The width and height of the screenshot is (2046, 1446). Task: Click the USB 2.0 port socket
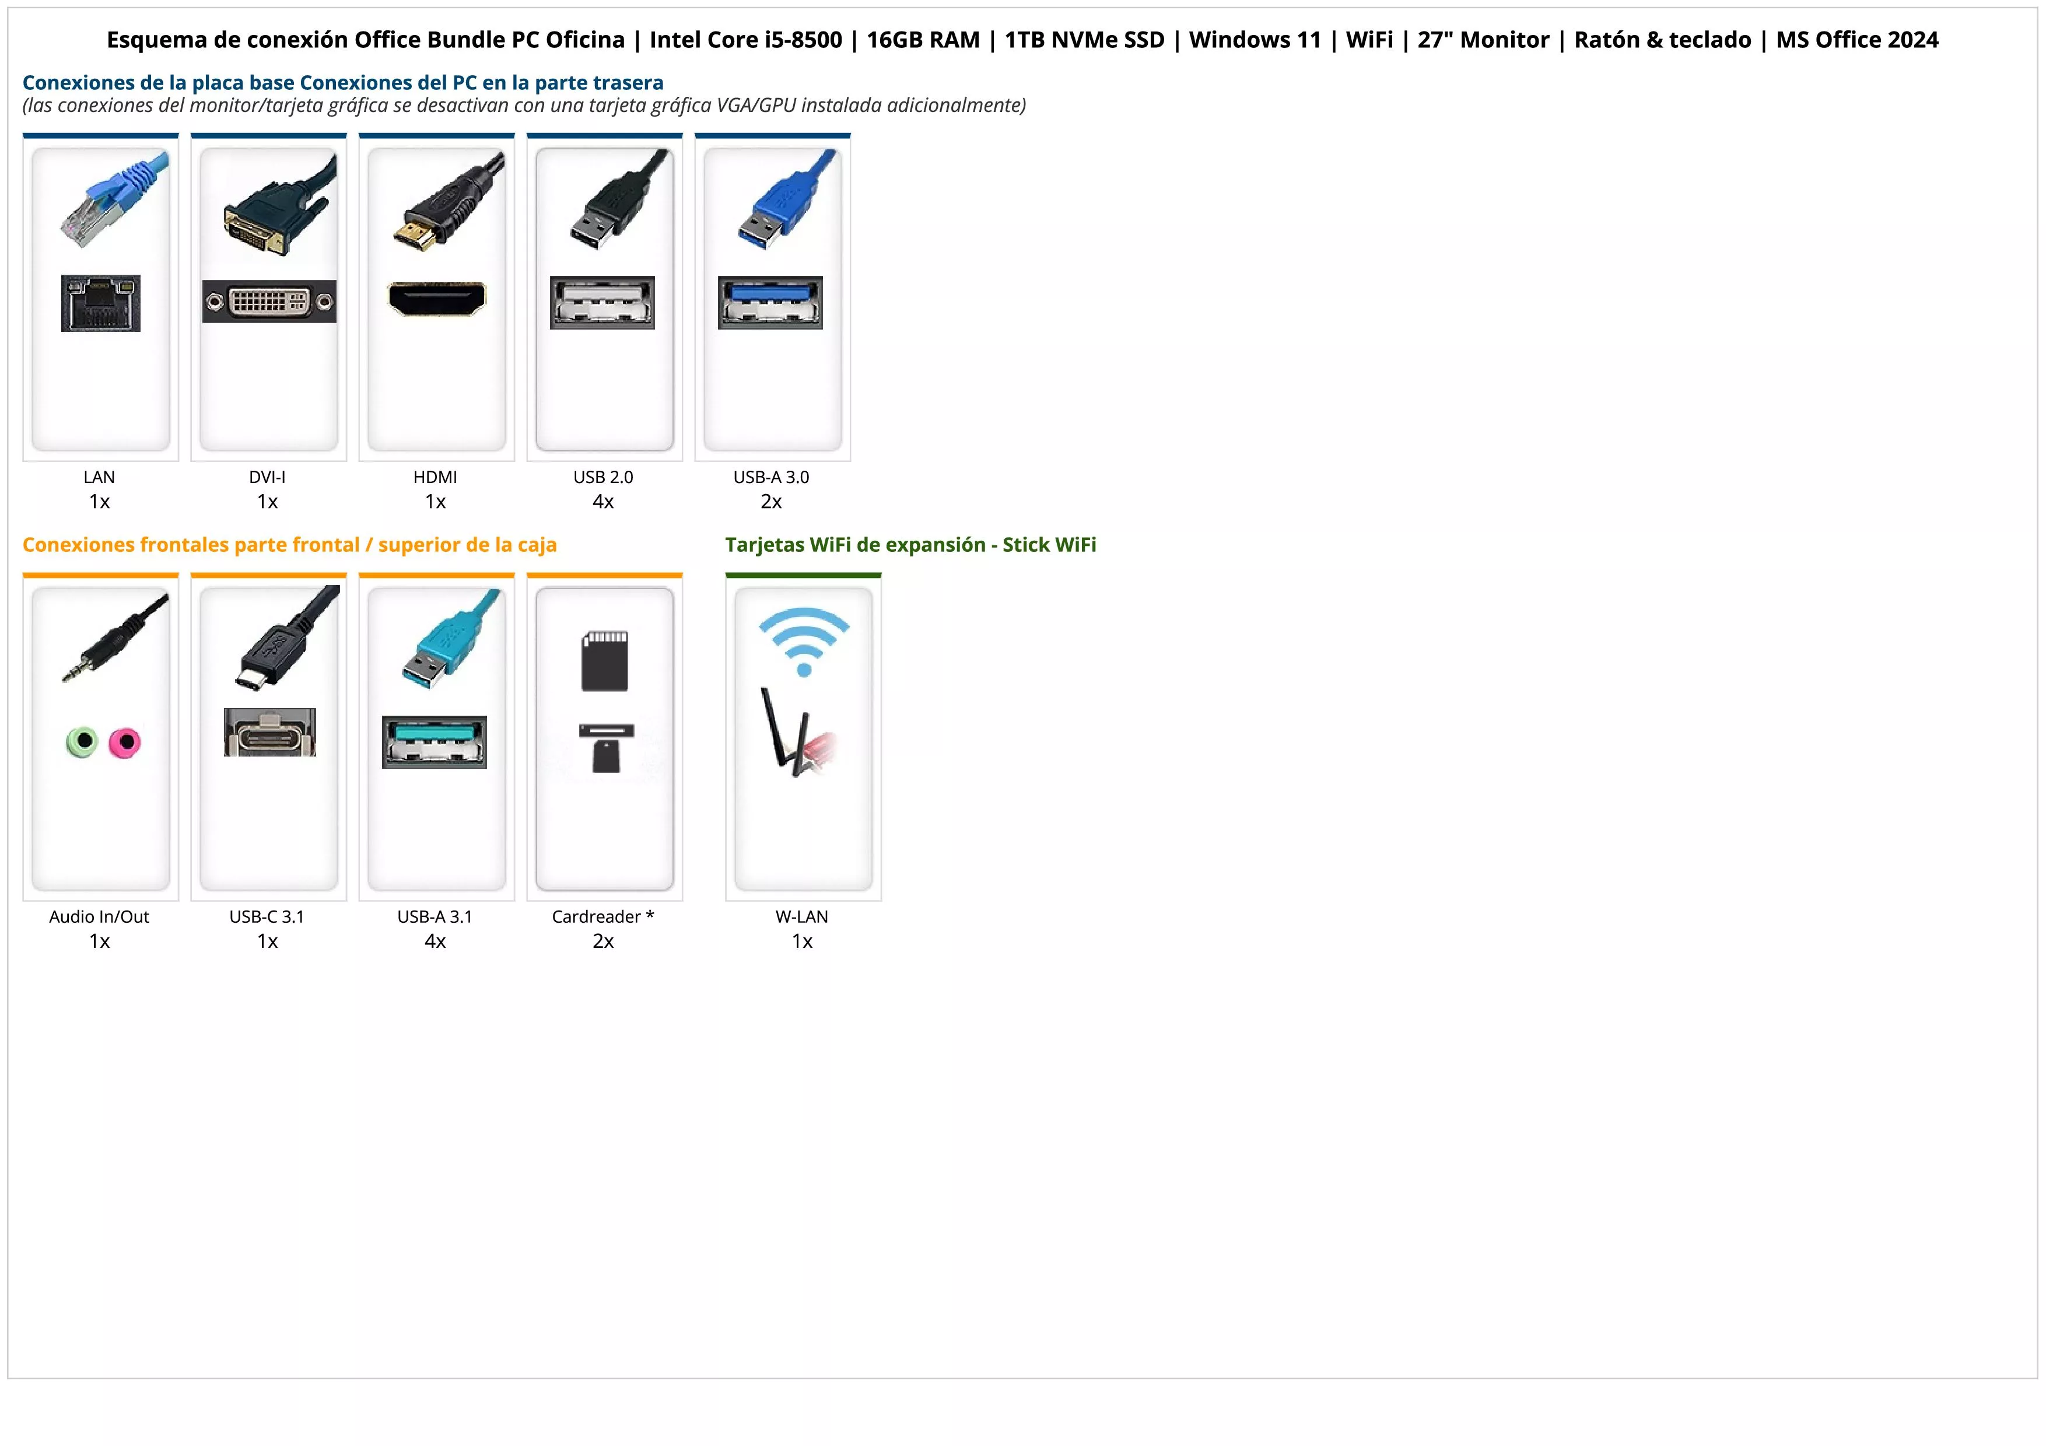click(x=602, y=303)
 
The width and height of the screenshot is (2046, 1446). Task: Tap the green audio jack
click(x=82, y=741)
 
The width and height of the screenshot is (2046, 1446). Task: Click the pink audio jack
click(x=125, y=742)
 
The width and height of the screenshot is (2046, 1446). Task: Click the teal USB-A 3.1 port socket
click(x=435, y=742)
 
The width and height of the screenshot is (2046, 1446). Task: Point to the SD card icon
click(x=605, y=661)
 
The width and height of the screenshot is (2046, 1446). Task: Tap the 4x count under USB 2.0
click(x=603, y=502)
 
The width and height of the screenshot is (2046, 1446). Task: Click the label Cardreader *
click(x=603, y=917)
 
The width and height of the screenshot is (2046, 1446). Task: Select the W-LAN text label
click(x=802, y=917)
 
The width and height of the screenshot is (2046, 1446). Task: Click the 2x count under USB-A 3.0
click(x=772, y=502)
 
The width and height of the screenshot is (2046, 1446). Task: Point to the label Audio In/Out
click(x=100, y=917)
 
